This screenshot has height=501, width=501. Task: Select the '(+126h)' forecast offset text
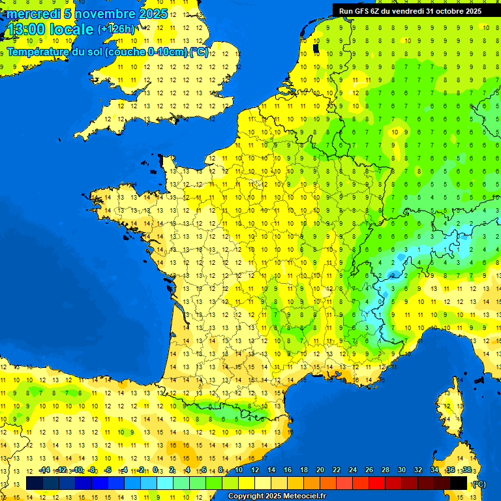point(116,29)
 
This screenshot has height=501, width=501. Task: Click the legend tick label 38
point(466,470)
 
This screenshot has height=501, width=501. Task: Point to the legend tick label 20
point(320,470)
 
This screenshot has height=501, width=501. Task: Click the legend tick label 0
point(155,470)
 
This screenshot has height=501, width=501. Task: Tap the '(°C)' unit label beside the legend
point(479,483)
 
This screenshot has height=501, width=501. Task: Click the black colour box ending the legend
point(459,483)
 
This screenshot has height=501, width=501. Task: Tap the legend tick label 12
point(255,470)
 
